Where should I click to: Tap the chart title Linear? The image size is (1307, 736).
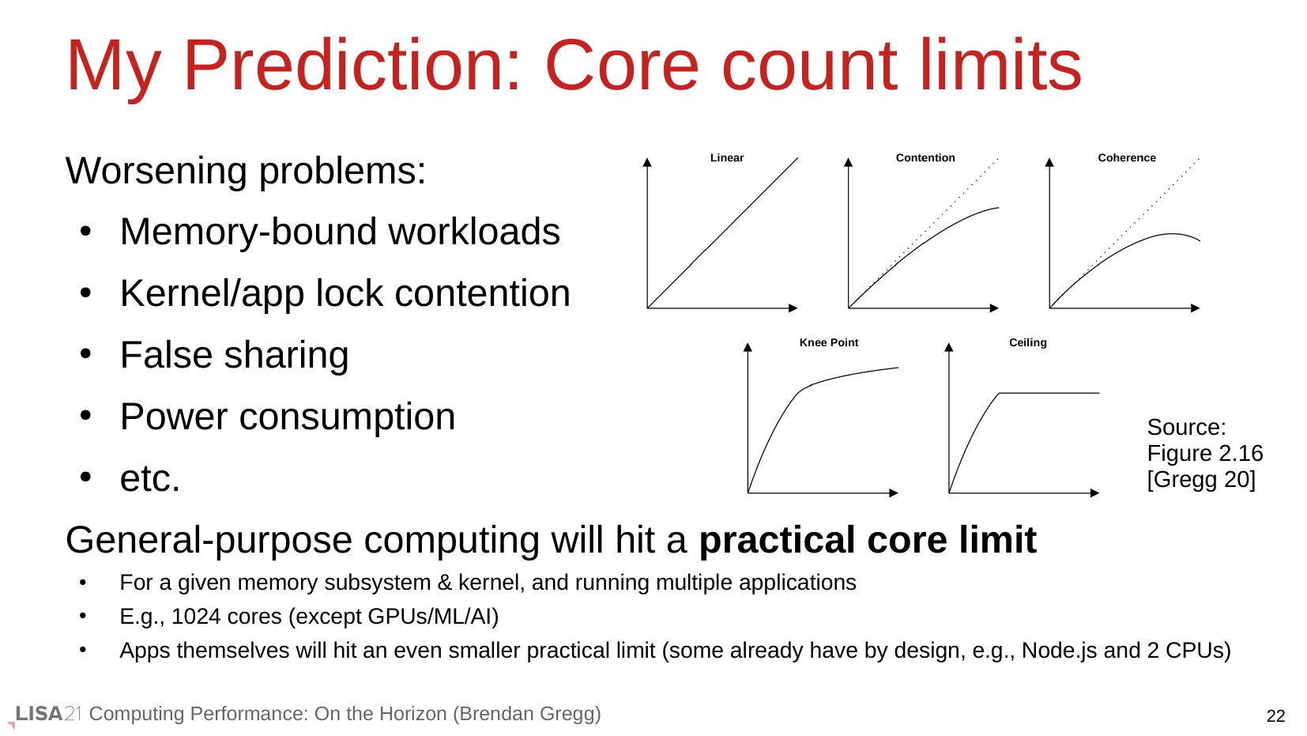(x=726, y=157)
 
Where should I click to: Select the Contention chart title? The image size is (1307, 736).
(x=925, y=157)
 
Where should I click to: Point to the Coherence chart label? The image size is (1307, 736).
(x=1126, y=157)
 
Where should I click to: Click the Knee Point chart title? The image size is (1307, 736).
(x=829, y=342)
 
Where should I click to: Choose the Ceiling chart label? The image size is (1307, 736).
(x=1027, y=342)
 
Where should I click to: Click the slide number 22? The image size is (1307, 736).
(x=1275, y=715)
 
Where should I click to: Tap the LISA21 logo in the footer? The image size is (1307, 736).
(x=47, y=714)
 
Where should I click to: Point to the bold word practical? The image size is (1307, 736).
(x=778, y=539)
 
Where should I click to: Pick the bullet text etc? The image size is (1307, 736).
(x=150, y=478)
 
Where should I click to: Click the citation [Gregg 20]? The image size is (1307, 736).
(x=1201, y=479)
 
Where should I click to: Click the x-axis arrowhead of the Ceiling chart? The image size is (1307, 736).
(x=1094, y=493)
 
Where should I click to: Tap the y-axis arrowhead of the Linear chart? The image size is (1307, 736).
(x=647, y=162)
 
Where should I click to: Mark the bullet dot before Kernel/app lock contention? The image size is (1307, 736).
(x=85, y=293)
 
